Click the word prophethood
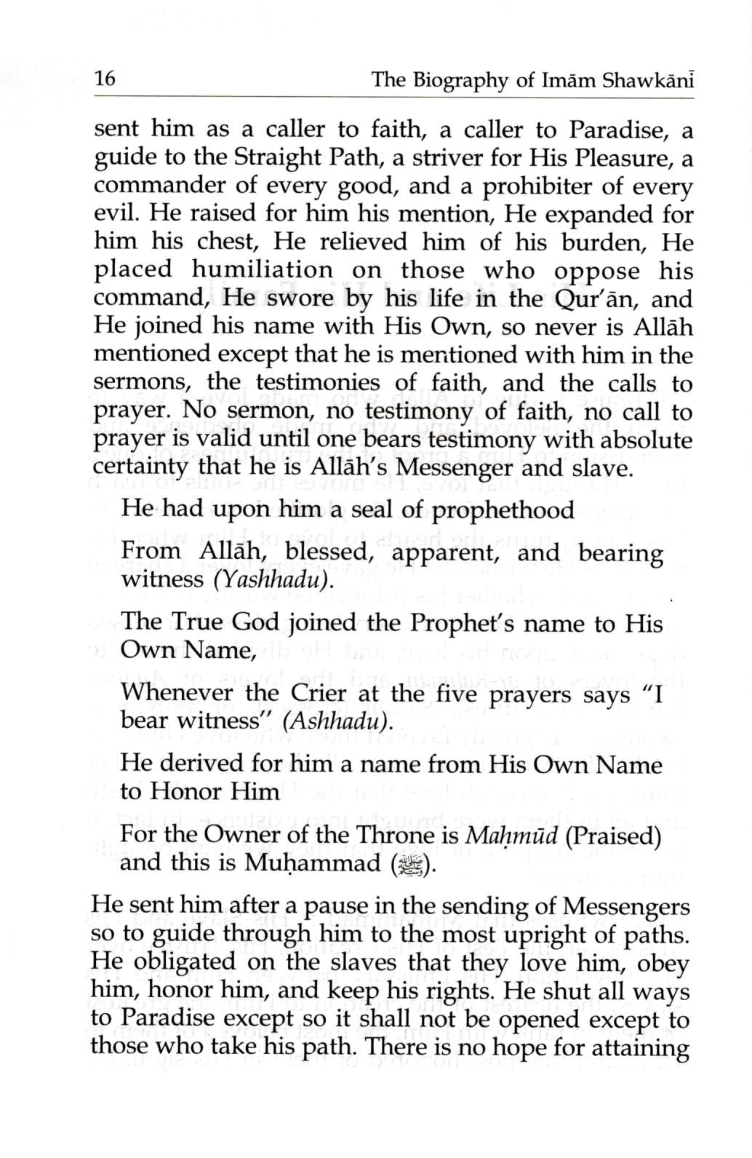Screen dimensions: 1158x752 click(x=503, y=509)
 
